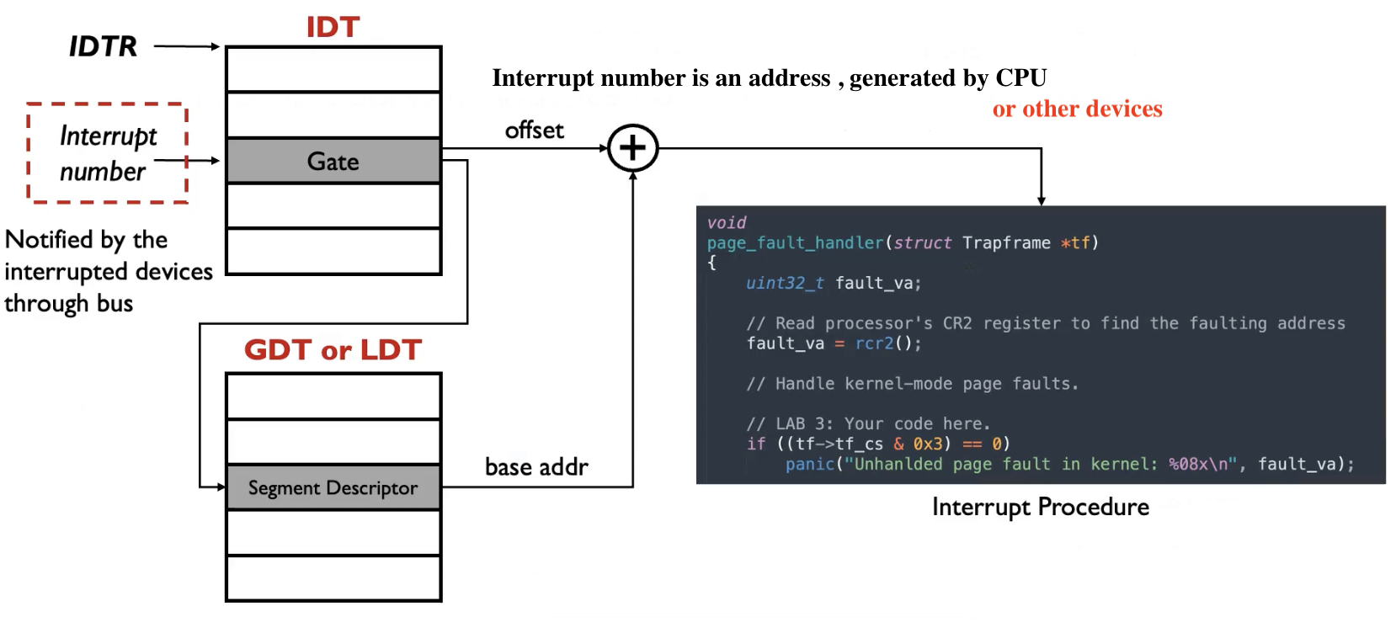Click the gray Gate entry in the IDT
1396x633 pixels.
[x=333, y=161]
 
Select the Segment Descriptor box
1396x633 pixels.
[x=333, y=487]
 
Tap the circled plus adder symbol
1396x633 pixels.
[x=632, y=148]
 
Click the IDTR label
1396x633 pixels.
[x=103, y=46]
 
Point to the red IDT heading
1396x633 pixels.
[x=333, y=27]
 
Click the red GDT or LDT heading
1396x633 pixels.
[x=333, y=349]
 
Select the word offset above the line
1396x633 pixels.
[x=534, y=130]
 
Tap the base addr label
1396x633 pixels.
[x=536, y=467]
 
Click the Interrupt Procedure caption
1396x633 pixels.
[x=1040, y=507]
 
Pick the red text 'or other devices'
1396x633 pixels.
[x=1077, y=109]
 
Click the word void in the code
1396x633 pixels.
[x=726, y=222]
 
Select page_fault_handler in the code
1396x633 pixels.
[x=795, y=242]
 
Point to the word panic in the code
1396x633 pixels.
[x=809, y=464]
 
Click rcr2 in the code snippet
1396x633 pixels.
[x=874, y=343]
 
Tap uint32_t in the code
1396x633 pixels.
[x=784, y=283]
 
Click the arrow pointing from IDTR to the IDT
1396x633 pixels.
[x=187, y=46]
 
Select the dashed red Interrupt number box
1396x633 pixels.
[x=107, y=153]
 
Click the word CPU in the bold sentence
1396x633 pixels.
[x=1020, y=77]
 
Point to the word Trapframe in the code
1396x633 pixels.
[x=1006, y=242]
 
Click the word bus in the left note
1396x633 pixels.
[x=115, y=303]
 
